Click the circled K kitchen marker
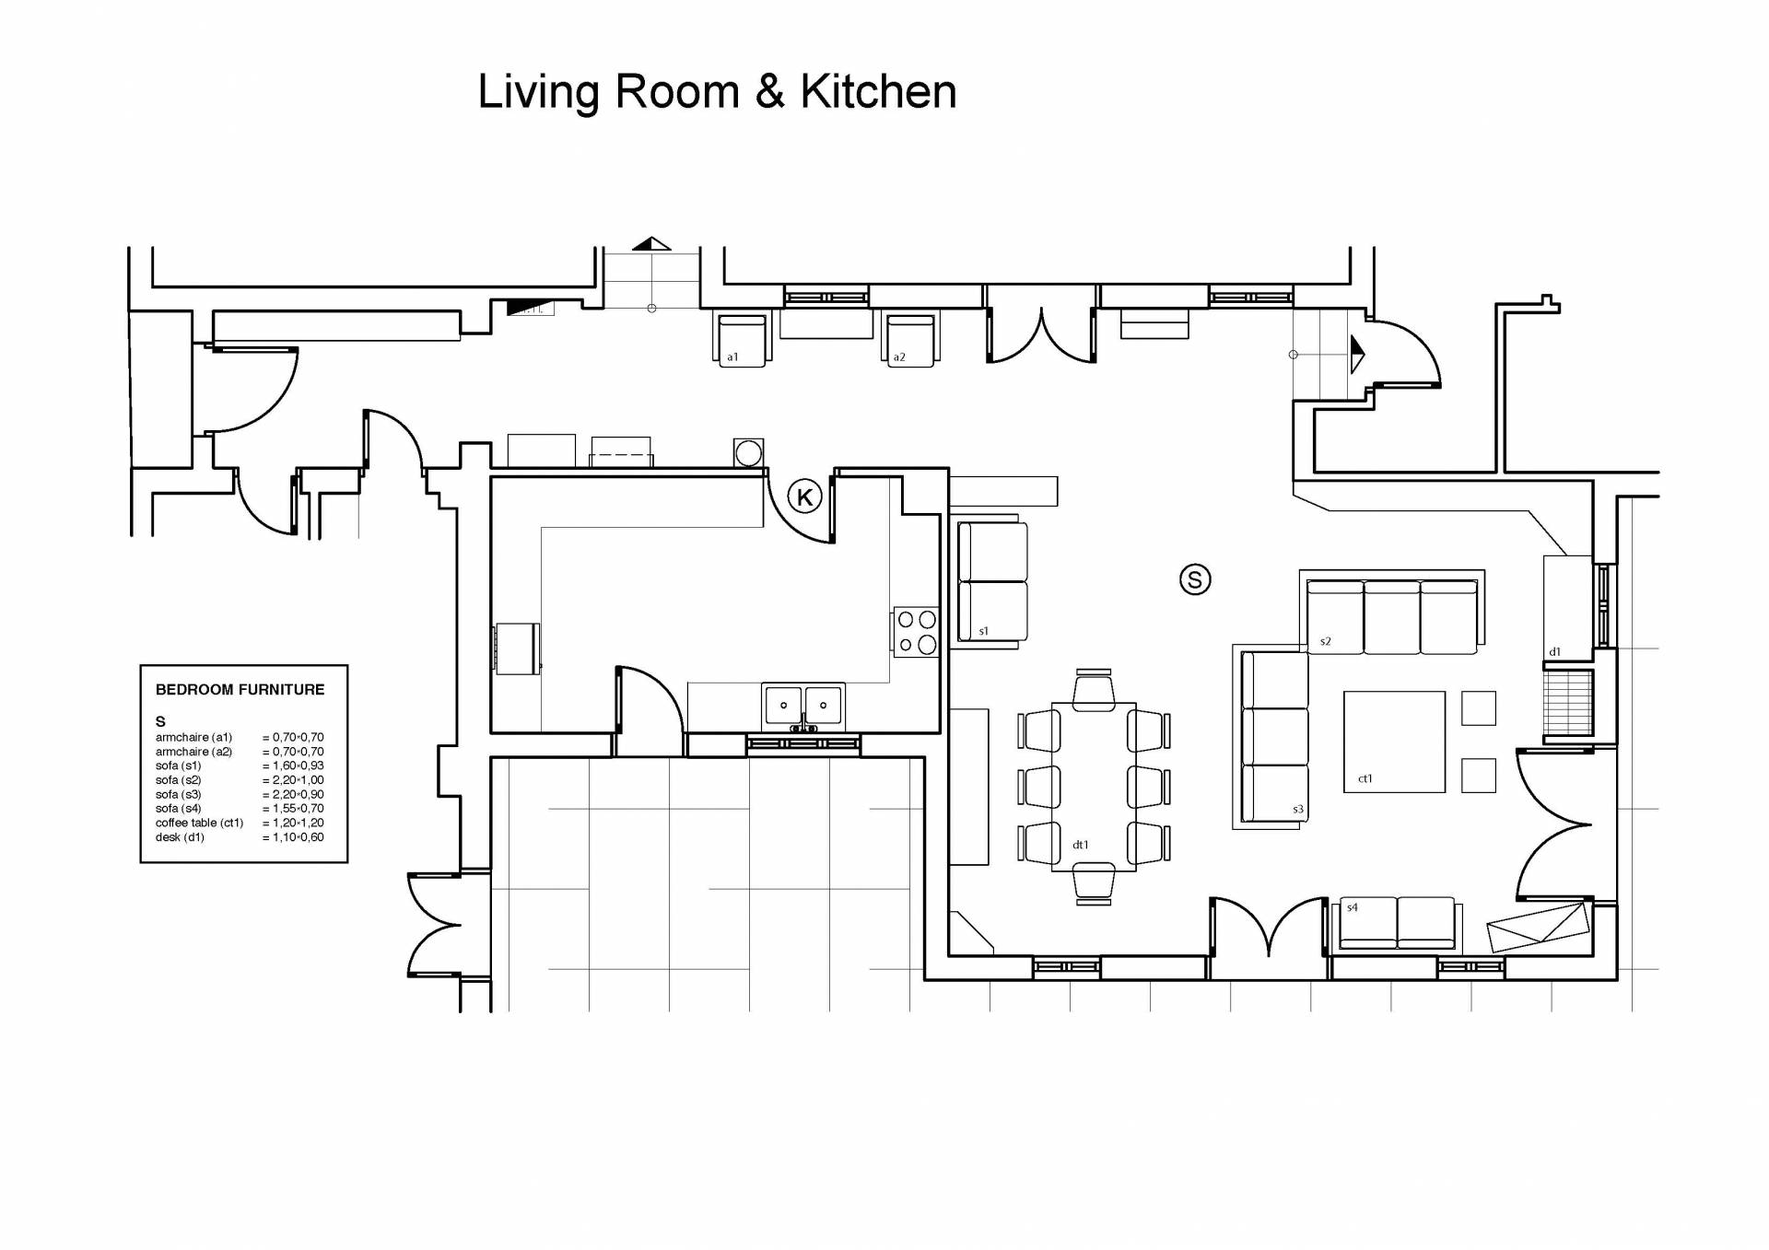pyautogui.click(x=804, y=497)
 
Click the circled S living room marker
pyautogui.click(x=1195, y=579)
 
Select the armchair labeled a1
pyautogui.click(x=742, y=341)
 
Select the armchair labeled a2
pyautogui.click(x=909, y=341)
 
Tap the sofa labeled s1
pyautogui.click(x=992, y=581)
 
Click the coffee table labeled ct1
pyautogui.click(x=1394, y=742)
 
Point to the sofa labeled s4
pyautogui.click(x=1397, y=923)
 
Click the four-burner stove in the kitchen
pyautogui.click(x=916, y=632)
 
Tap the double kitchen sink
pyautogui.click(x=803, y=707)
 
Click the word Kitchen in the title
pyautogui.click(x=878, y=91)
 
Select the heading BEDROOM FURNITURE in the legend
pyautogui.click(x=240, y=689)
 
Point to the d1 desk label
pyautogui.click(x=1554, y=651)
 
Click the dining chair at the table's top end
pyautogui.click(x=1094, y=690)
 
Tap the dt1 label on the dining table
pyautogui.click(x=1081, y=845)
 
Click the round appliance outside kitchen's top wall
pyautogui.click(x=749, y=453)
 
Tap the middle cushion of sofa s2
pyautogui.click(x=1391, y=616)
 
